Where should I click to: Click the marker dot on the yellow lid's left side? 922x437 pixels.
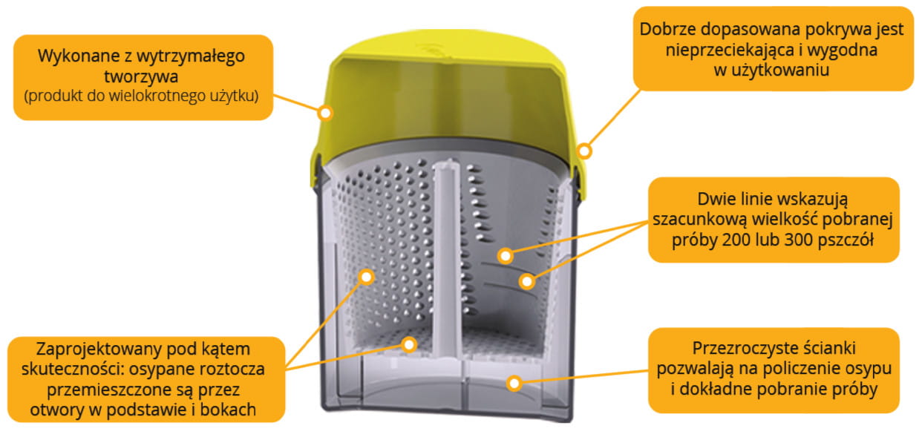point(324,113)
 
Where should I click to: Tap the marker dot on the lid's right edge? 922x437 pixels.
point(585,151)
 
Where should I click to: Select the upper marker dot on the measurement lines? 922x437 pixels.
point(505,256)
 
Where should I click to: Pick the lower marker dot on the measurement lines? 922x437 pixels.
point(527,281)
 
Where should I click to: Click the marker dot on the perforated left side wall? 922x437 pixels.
point(365,277)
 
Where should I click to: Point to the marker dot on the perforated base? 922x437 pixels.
point(408,343)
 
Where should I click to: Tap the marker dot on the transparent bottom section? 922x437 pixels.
point(511,382)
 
